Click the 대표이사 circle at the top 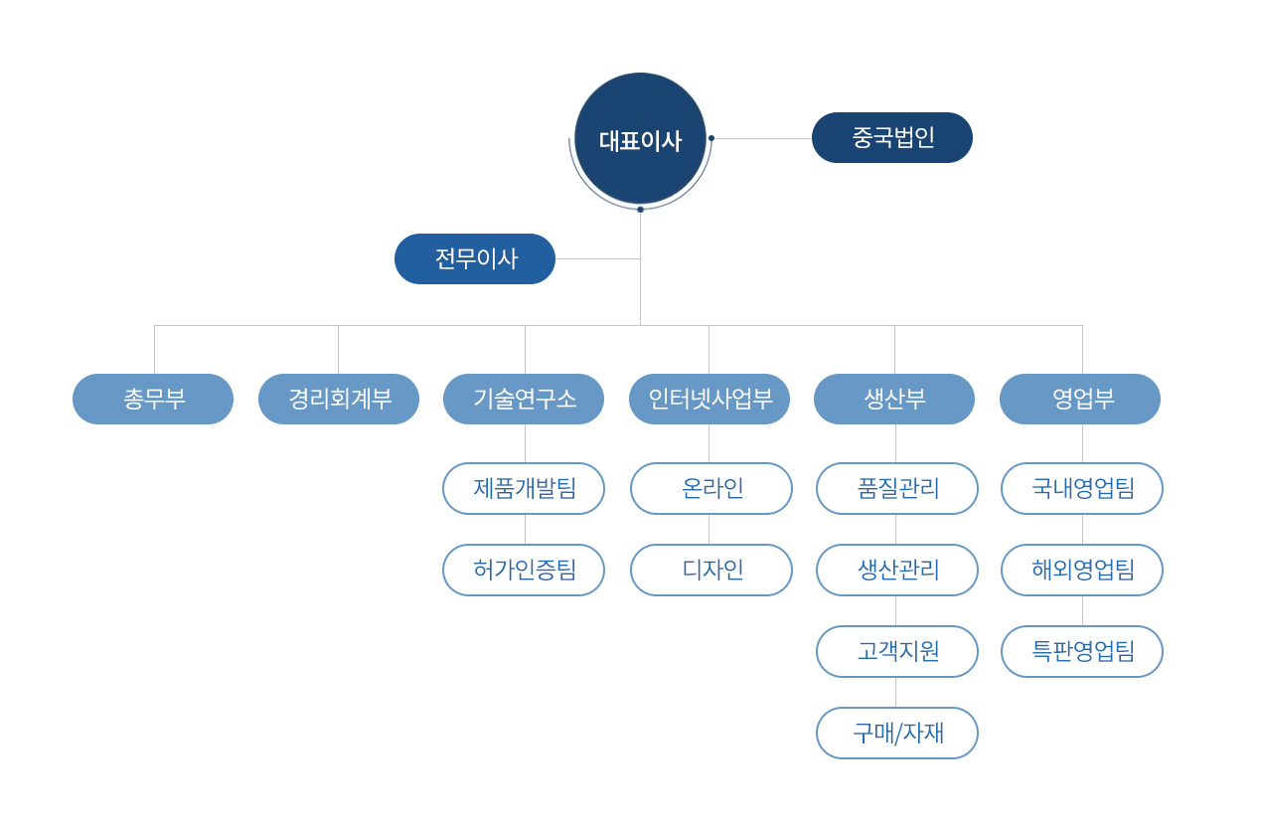tap(640, 139)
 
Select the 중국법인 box tap(891, 137)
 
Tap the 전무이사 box tap(475, 258)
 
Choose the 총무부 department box tap(153, 399)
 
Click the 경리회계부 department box tap(339, 399)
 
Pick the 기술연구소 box tap(524, 399)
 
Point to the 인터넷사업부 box tap(710, 399)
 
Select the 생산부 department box tap(894, 399)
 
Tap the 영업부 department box tap(1080, 399)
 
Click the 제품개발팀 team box tap(524, 488)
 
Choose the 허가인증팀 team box tap(524, 570)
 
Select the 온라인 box tap(711, 488)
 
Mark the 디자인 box tap(711, 570)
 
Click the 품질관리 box tap(897, 488)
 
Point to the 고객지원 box tap(897, 651)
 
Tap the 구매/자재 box tap(897, 733)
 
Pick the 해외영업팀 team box tap(1082, 570)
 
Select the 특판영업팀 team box tap(1082, 651)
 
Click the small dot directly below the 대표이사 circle tap(640, 210)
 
